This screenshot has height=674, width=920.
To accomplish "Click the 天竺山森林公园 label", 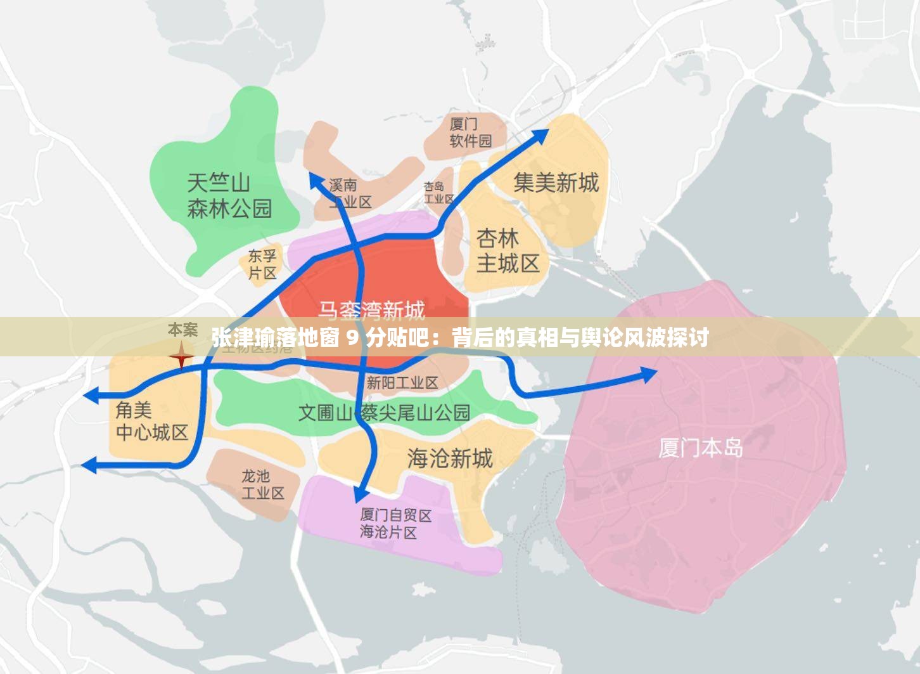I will (x=229, y=196).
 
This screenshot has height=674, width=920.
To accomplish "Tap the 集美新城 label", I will (x=556, y=183).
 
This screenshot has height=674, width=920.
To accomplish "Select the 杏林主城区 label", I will (x=508, y=250).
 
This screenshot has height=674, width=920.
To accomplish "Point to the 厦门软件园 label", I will (x=470, y=132).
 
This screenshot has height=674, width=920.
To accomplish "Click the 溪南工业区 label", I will (x=350, y=193).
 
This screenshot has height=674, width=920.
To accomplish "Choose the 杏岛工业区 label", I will (x=438, y=193).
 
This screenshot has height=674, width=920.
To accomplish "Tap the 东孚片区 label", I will (x=262, y=264).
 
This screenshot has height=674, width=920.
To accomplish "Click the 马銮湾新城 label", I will (x=371, y=310).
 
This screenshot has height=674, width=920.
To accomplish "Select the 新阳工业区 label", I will (x=402, y=382).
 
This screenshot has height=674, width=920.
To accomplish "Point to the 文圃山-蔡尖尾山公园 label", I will (x=384, y=413).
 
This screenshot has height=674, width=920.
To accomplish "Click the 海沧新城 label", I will (x=449, y=458).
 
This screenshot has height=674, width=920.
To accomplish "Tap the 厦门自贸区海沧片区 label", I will (x=395, y=524).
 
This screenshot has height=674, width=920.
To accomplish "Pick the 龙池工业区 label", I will (x=262, y=484).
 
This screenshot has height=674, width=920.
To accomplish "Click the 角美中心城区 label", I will (x=152, y=422).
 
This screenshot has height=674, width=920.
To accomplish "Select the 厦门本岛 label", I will (x=700, y=448).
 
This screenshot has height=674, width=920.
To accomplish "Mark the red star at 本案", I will (x=181, y=356).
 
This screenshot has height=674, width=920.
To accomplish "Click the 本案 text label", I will (x=182, y=330).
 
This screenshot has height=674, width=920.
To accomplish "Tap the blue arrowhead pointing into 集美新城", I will (x=540, y=135).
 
